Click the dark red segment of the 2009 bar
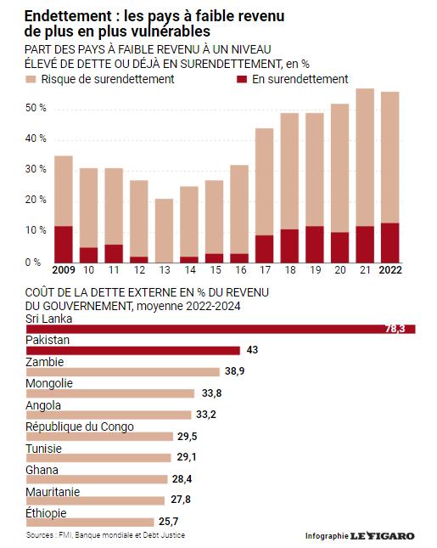[64, 245]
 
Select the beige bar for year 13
[164, 230]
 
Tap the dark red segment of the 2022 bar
[389, 243]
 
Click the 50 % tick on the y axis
[36, 108]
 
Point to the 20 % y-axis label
[36, 200]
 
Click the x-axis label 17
[265, 270]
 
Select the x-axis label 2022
[390, 270]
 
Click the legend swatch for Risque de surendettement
[31, 79]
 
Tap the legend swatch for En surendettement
[242, 79]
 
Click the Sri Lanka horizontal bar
[221, 329]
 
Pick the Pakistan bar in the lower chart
[133, 351]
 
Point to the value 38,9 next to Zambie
[234, 371]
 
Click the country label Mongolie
[49, 383]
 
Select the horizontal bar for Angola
[109, 415]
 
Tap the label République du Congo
[80, 427]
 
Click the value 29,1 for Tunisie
[187, 457]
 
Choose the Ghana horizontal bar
[97, 479]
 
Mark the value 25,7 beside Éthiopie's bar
[169, 522]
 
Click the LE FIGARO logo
[383, 535]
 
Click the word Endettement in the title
[68, 16]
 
